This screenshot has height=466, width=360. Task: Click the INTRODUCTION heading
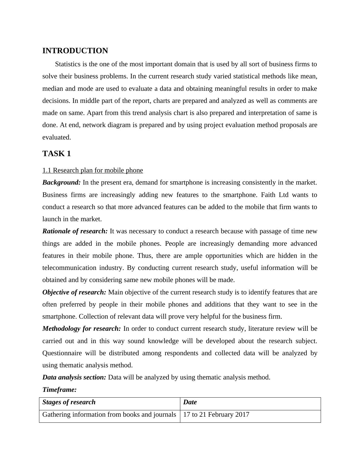(75, 51)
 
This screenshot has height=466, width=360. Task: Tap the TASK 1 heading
(57, 154)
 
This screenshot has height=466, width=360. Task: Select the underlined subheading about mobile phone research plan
(93, 170)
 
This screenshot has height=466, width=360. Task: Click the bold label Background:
(61, 182)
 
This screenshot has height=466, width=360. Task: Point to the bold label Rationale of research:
(75, 231)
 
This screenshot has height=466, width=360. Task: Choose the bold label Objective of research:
(74, 292)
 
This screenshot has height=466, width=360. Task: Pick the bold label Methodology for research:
(81, 329)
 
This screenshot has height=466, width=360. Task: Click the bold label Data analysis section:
(74, 377)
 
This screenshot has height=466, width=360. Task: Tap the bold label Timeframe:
(59, 390)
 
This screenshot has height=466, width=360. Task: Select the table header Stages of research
(69, 402)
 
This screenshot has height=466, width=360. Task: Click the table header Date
(190, 402)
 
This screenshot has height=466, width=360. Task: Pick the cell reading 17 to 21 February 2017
(216, 415)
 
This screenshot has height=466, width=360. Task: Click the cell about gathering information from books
(109, 415)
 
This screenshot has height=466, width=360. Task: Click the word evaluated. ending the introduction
(57, 137)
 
